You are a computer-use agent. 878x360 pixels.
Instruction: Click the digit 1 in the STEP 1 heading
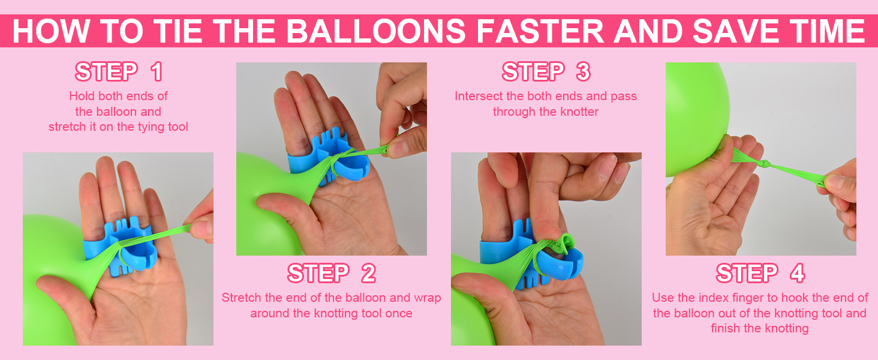click(x=157, y=72)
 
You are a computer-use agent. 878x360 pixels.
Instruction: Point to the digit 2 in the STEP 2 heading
click(x=368, y=274)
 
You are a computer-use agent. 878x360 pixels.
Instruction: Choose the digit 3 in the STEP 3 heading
click(x=583, y=72)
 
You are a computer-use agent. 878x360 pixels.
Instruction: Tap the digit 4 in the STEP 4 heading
click(x=797, y=274)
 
